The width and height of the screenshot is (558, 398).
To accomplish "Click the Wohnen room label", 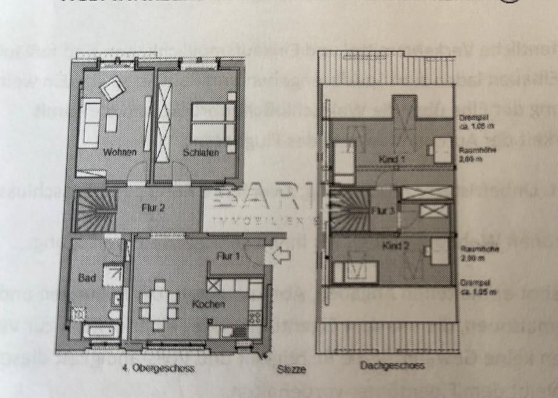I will point(120,152).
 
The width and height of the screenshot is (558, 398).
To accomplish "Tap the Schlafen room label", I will point(201,153).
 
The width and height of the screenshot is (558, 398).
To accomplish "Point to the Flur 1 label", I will point(228,255).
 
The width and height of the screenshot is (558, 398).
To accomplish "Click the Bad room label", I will point(87,278).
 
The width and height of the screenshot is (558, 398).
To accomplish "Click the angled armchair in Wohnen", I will point(112,88).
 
